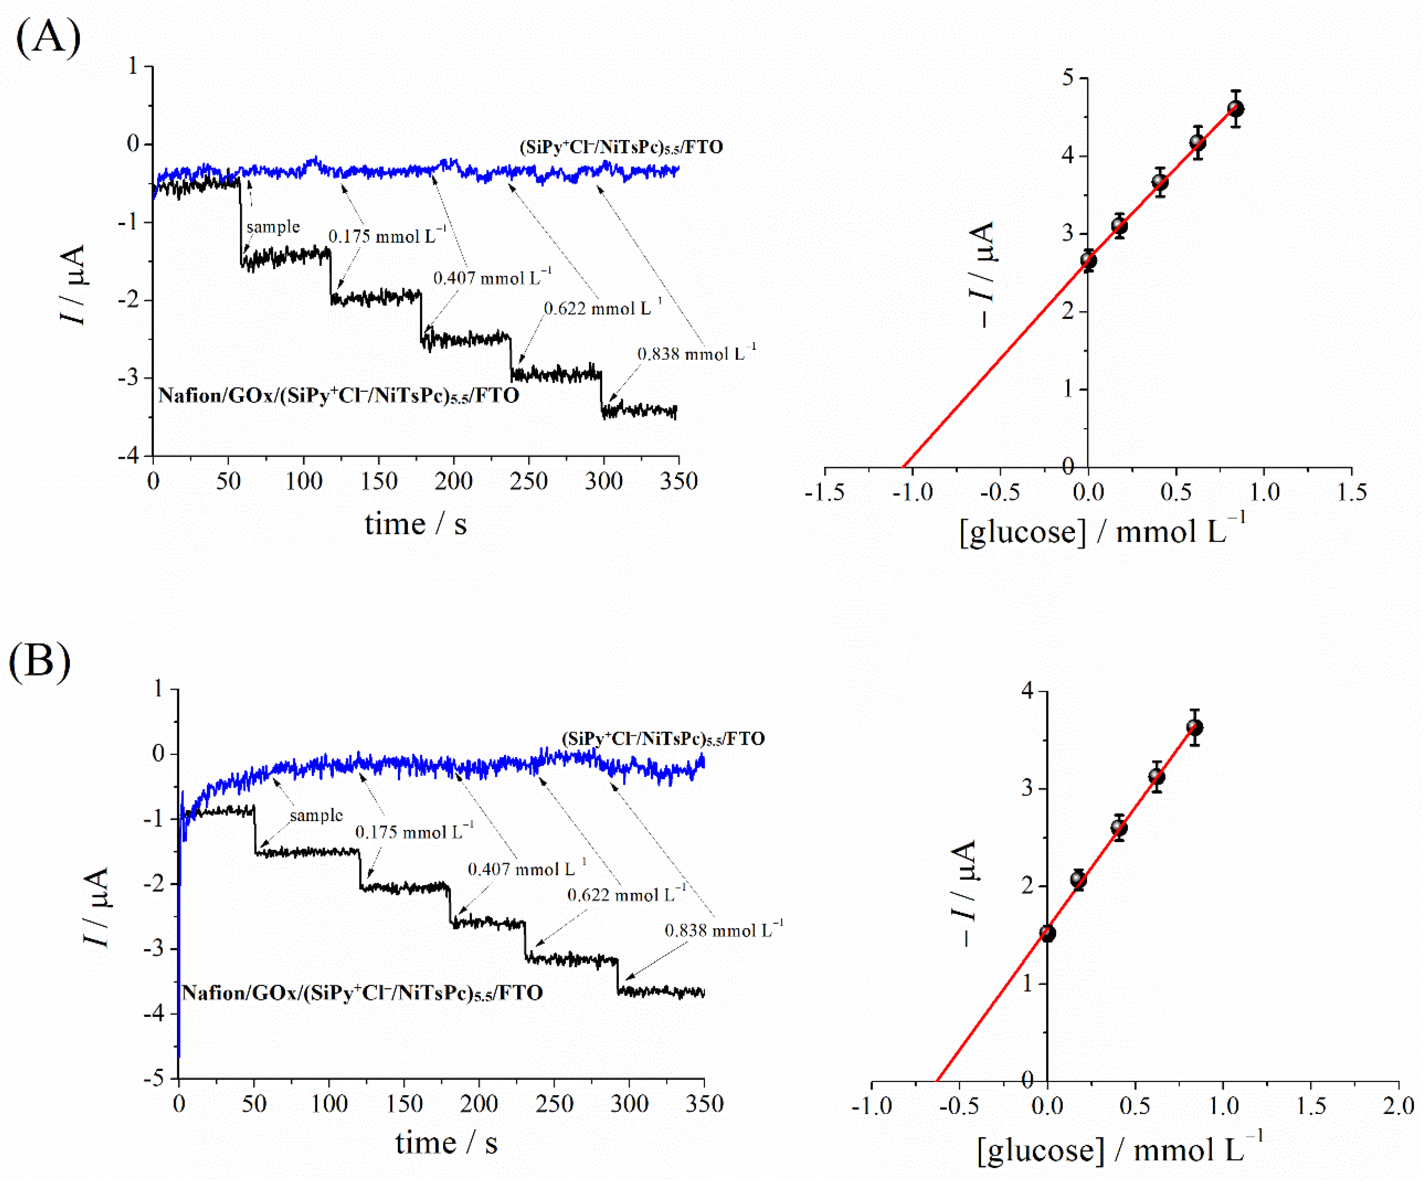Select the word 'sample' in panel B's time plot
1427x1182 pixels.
click(x=316, y=815)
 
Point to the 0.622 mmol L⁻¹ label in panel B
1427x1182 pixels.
click(x=626, y=895)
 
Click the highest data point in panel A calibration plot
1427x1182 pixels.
click(x=1236, y=109)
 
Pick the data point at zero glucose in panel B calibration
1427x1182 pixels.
click(x=1047, y=933)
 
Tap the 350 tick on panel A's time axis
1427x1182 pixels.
click(x=679, y=482)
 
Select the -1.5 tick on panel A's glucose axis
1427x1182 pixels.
click(x=825, y=493)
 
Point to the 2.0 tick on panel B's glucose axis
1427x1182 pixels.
click(x=1398, y=1106)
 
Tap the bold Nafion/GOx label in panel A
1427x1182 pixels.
click(x=338, y=395)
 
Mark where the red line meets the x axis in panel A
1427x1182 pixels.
click(x=903, y=467)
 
